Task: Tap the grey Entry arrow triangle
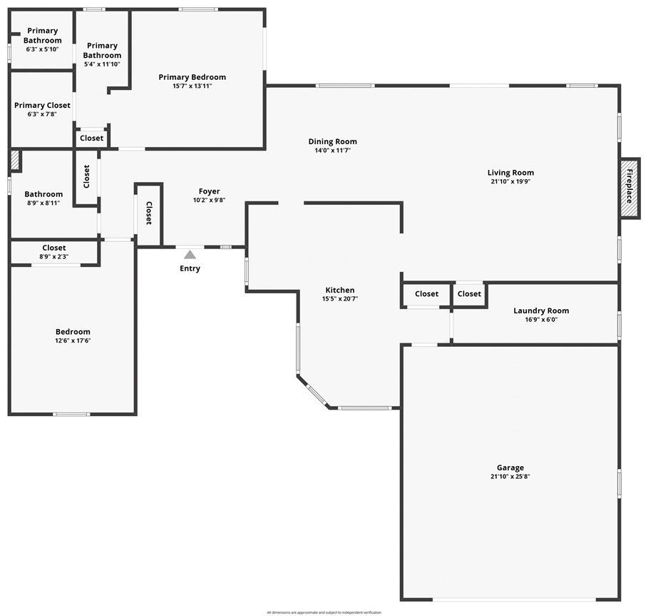(x=190, y=253)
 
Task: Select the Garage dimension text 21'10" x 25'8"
(x=510, y=476)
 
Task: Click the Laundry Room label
(x=541, y=310)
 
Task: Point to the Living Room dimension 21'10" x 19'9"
(x=510, y=181)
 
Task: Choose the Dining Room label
(x=332, y=141)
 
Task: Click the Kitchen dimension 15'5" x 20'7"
(x=340, y=299)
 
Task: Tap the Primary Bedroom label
(x=192, y=77)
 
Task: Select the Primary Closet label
(x=42, y=106)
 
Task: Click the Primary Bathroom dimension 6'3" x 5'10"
(x=42, y=49)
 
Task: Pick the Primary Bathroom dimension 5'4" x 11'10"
(x=102, y=64)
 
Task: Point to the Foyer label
(x=209, y=191)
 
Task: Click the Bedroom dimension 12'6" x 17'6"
(x=73, y=340)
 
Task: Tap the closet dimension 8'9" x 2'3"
(x=54, y=257)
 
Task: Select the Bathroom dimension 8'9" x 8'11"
(x=43, y=203)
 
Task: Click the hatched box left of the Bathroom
(x=15, y=161)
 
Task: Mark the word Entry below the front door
(x=190, y=268)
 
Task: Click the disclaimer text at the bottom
(x=324, y=612)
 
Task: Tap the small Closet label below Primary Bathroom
(x=91, y=138)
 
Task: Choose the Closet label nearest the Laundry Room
(x=469, y=293)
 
